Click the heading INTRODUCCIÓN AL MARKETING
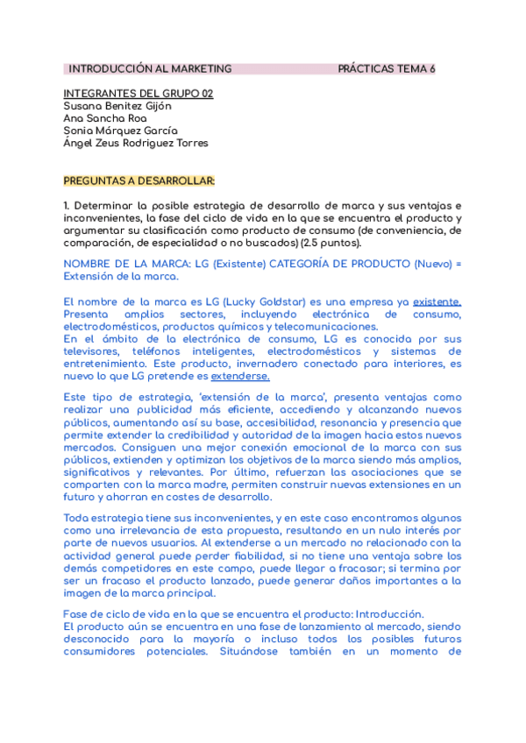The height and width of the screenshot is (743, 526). [x=150, y=68]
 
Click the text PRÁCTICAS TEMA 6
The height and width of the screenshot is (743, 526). [x=387, y=68]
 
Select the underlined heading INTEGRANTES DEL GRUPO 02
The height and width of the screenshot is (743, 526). [x=139, y=94]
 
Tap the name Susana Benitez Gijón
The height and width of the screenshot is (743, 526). [x=117, y=106]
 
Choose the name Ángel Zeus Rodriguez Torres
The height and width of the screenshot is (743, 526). [x=136, y=144]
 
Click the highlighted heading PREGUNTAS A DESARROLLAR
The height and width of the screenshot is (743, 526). [x=139, y=181]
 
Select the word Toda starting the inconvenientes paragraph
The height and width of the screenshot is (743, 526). [x=77, y=518]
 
